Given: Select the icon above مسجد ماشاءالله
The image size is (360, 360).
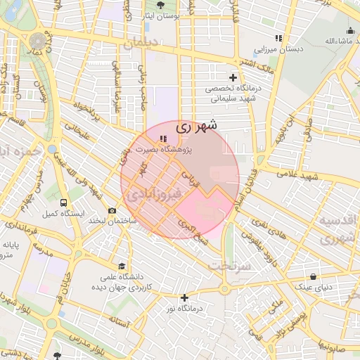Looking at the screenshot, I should click(350, 30).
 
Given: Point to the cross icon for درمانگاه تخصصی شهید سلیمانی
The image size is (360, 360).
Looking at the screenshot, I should click(233, 77).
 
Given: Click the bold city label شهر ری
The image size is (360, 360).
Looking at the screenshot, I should click(196, 126).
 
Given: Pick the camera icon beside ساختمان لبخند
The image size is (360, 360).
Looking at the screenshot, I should click(112, 210).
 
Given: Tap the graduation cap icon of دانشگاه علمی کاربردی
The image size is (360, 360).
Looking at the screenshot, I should click(122, 266).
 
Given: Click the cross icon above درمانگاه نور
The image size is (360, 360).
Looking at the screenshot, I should click(184, 297).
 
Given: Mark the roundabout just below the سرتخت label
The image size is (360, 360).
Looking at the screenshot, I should click(224, 288).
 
